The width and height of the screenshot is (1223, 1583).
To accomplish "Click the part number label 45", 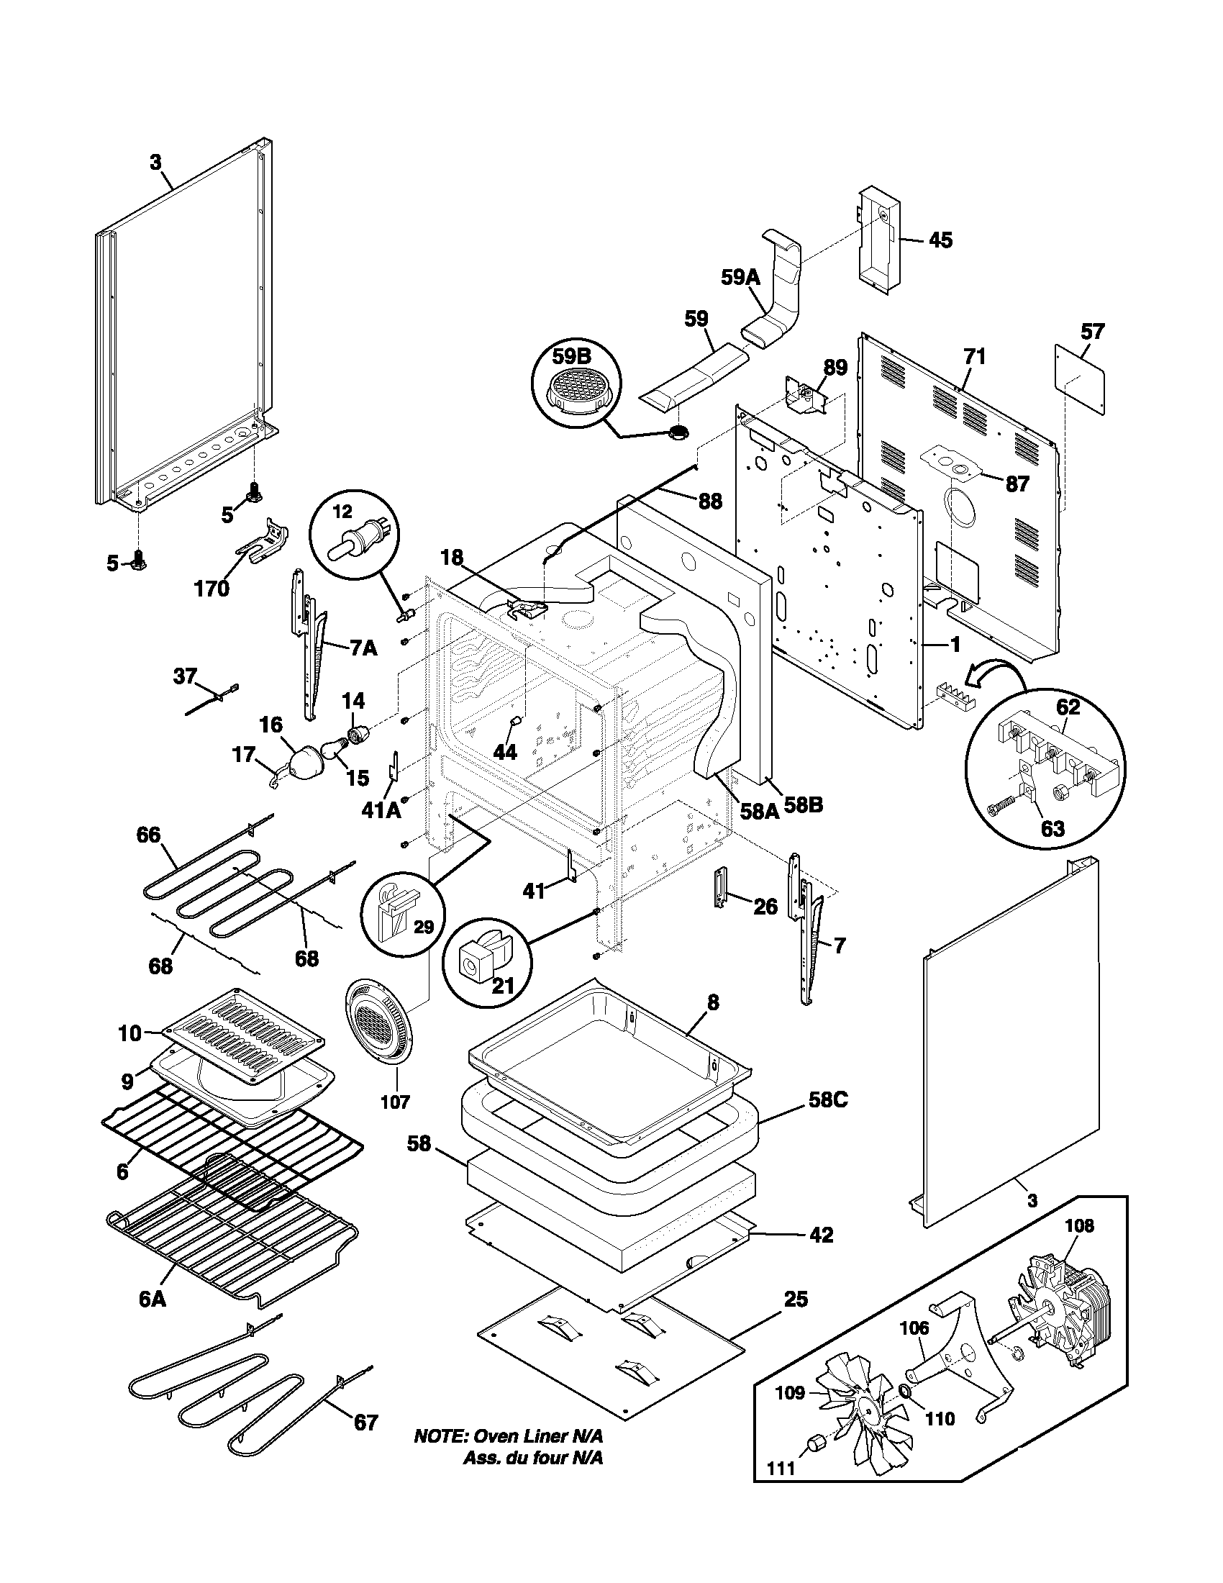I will [940, 240].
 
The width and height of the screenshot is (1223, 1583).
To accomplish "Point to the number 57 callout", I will [1092, 332].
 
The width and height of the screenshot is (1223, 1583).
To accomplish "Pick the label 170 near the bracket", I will [212, 588].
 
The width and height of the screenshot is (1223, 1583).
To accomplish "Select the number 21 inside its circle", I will [504, 985].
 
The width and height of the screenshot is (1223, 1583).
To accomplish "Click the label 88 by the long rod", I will [709, 501].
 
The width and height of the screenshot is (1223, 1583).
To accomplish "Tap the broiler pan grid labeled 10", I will [242, 1029].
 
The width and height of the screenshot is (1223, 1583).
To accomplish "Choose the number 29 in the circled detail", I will [424, 927].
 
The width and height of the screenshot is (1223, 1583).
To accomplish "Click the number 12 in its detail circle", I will [342, 512].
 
